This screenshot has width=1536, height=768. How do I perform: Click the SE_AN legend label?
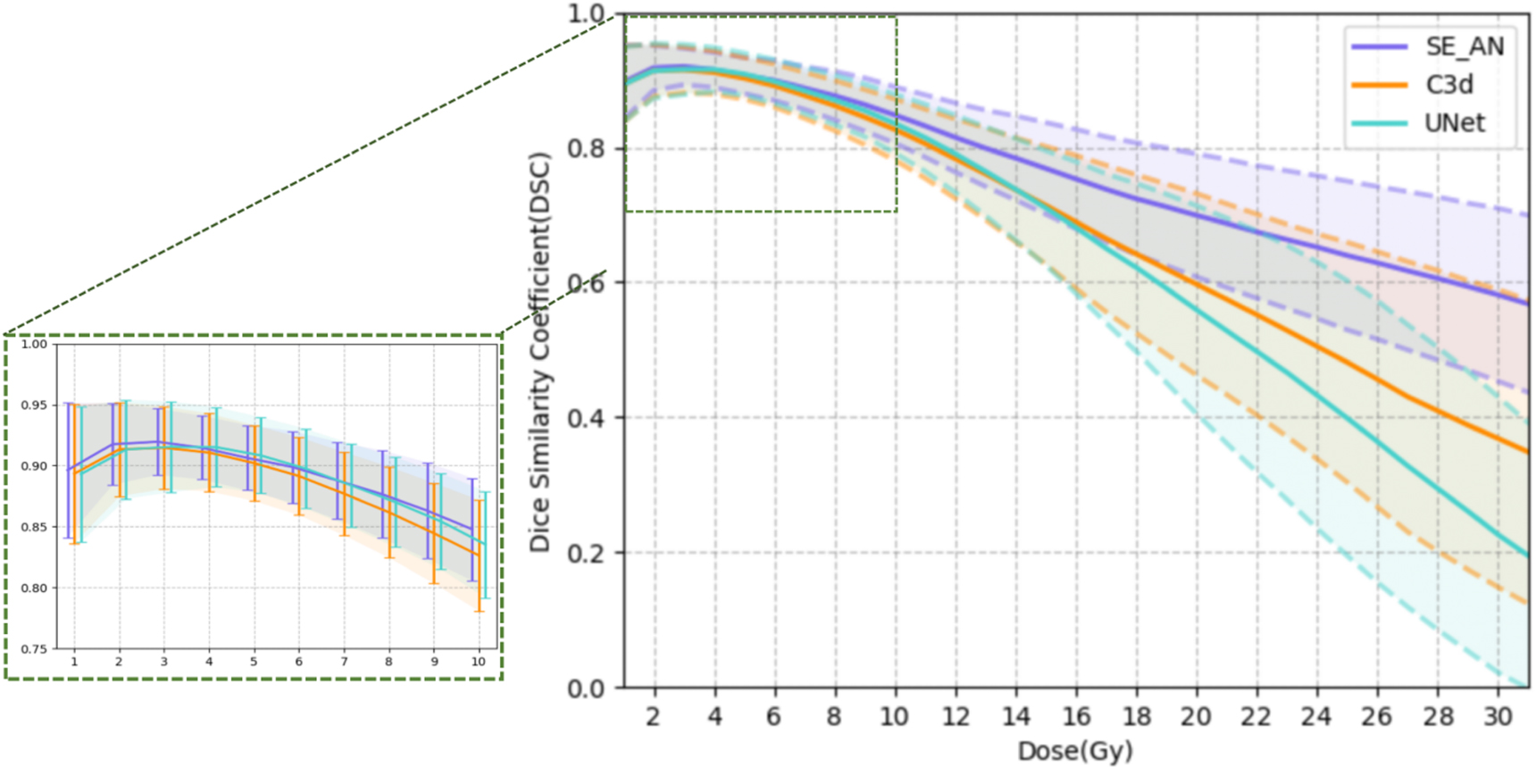[1464, 46]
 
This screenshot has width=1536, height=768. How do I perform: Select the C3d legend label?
[1448, 85]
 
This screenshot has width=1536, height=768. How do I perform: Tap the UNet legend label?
[1454, 122]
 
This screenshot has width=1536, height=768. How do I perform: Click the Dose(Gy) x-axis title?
[1075, 751]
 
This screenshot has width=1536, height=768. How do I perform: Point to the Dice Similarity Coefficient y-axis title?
[540, 353]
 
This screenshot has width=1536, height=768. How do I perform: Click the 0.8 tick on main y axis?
[586, 148]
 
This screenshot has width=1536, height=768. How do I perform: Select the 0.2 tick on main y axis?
[586, 554]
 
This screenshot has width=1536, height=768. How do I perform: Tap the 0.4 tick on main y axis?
[586, 418]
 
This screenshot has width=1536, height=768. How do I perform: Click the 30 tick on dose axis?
[1498, 716]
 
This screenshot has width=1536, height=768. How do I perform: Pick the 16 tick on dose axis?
[1075, 716]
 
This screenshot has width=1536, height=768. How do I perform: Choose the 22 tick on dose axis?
[1256, 716]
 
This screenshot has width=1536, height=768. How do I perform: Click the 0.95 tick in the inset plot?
[34, 405]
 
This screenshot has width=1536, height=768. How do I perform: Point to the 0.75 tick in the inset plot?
[34, 649]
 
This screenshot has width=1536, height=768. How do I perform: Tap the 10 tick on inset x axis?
[479, 662]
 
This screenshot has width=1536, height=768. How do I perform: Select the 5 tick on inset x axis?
[254, 662]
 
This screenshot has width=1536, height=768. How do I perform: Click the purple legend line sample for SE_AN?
[1379, 46]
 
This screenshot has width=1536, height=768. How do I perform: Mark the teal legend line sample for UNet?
[1379, 122]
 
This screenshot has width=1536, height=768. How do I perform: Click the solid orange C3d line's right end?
[1527, 451]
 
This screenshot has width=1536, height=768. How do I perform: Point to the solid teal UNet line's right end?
[1527, 555]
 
